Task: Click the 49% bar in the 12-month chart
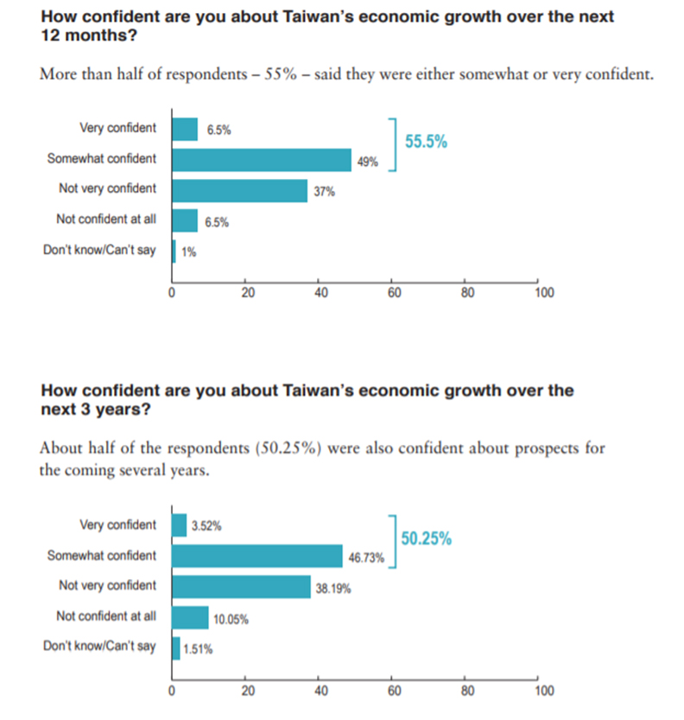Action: point(262,160)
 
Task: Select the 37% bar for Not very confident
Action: point(240,190)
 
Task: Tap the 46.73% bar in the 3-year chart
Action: point(257,556)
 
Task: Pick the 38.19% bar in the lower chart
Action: point(241,587)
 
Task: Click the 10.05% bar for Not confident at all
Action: point(190,617)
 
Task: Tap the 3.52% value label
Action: point(206,525)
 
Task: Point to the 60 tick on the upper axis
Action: point(394,293)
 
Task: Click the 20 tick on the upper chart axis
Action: point(248,293)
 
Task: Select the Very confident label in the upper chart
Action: point(117,128)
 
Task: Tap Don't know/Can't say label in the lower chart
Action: point(99,647)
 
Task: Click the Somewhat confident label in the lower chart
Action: point(102,556)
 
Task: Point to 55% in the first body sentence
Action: point(286,74)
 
